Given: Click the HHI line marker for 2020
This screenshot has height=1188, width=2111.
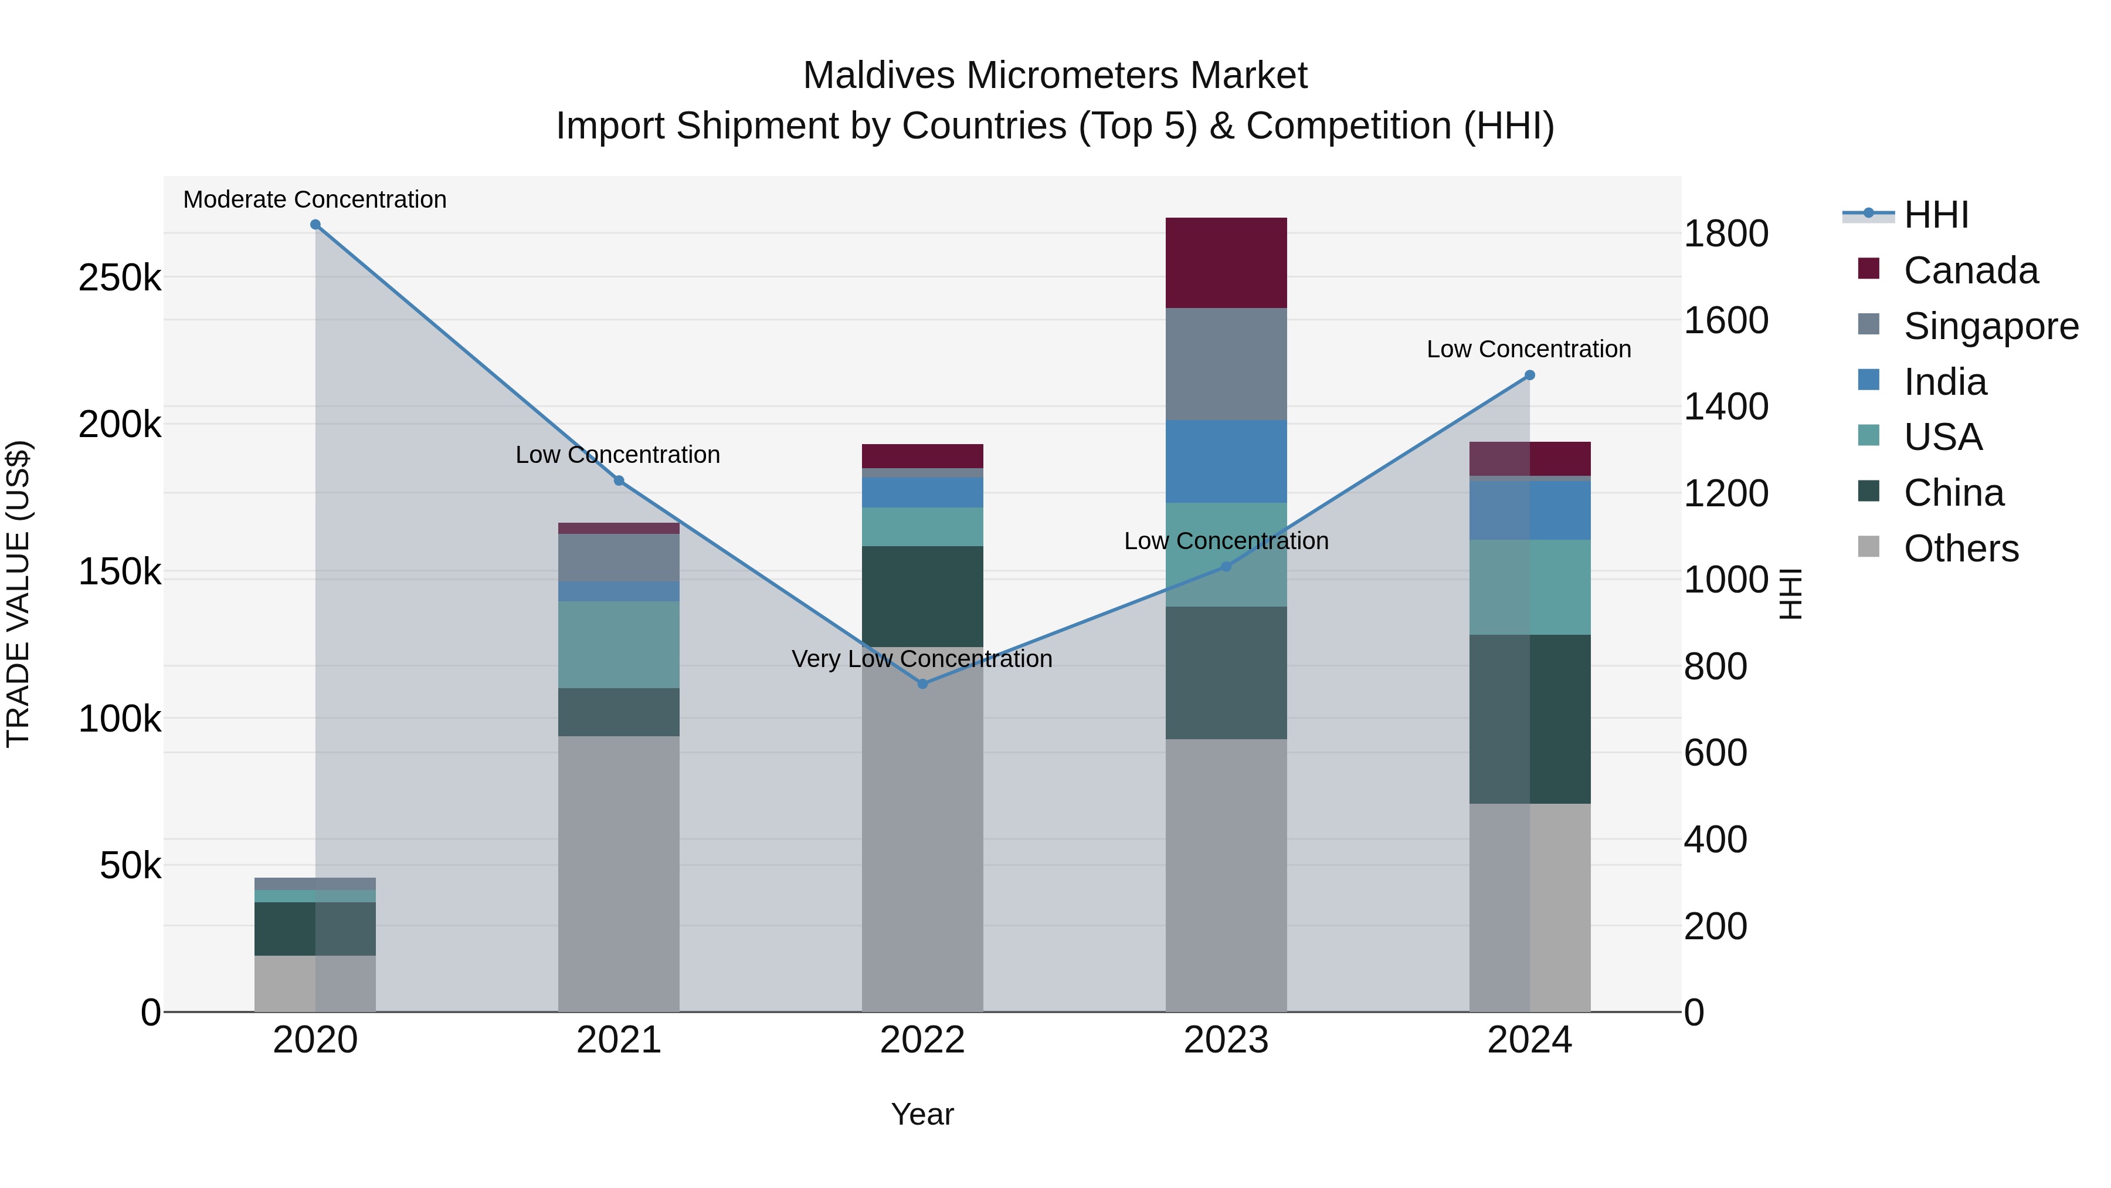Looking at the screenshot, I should tap(315, 225).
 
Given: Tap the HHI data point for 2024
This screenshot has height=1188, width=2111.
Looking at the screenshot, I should tap(1529, 375).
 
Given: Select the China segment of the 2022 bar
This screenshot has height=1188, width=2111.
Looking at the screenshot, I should tap(923, 596).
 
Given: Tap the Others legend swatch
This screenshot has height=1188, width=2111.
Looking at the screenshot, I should tap(1868, 547).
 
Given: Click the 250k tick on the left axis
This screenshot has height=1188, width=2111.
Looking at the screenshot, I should tap(120, 278).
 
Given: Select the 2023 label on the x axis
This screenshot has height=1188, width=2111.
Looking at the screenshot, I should tap(1226, 1040).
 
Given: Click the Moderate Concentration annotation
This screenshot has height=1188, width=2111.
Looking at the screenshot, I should tap(315, 199).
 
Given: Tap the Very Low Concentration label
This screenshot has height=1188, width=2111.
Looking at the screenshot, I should tap(922, 658).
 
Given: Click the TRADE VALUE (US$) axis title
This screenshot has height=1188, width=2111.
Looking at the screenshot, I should tap(18, 594).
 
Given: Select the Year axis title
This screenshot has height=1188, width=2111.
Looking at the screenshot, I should tap(923, 1114).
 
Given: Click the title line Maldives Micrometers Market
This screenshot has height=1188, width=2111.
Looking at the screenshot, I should tap(1055, 76).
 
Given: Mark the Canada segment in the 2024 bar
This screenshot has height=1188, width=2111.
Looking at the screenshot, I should tap(1529, 458).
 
